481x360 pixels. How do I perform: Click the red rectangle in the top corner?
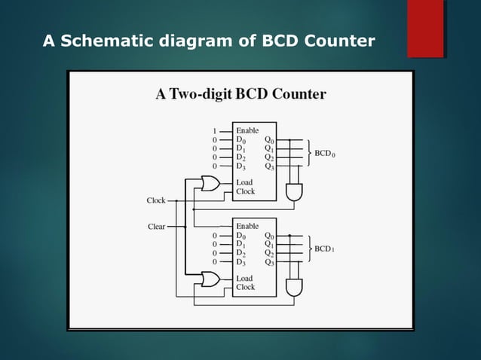coord(425,29)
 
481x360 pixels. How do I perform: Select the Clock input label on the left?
coord(156,200)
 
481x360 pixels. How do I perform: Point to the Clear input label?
coord(156,226)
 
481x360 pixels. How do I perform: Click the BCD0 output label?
coord(326,153)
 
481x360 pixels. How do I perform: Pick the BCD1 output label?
coord(326,249)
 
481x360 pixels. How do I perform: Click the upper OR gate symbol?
coord(210,184)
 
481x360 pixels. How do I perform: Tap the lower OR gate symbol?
coord(210,279)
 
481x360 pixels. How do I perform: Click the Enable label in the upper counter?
coord(247,130)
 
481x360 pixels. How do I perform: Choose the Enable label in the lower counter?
coord(247,226)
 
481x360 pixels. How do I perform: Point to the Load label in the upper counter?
coord(244,182)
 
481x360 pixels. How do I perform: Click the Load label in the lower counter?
coord(244,278)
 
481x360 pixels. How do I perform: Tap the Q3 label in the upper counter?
coord(269,166)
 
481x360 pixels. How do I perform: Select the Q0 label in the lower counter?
coord(269,236)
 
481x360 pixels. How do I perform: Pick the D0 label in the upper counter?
coord(241,139)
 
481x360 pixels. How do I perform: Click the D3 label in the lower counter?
coord(241,262)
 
